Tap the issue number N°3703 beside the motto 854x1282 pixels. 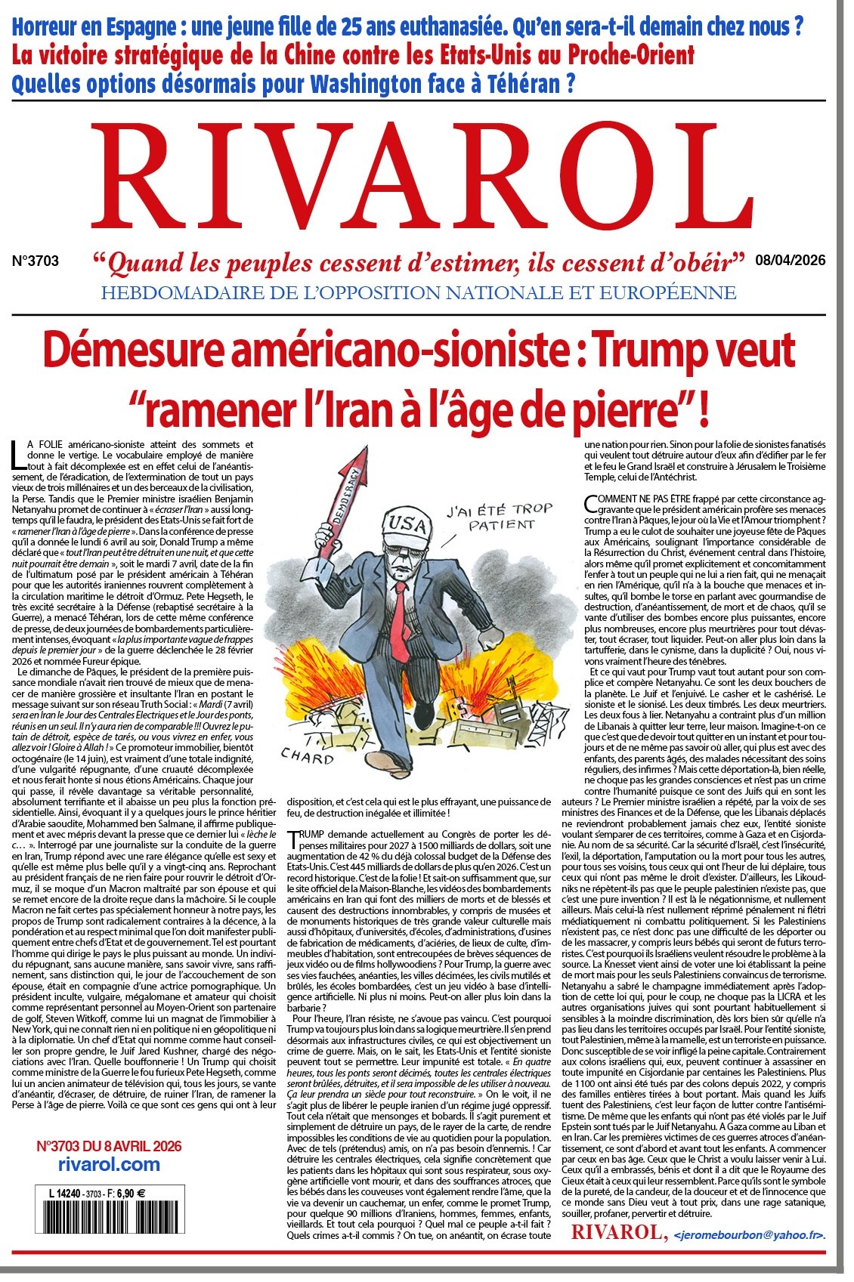point(36,261)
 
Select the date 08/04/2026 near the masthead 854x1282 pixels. point(789,261)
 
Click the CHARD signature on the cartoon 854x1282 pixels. point(307,756)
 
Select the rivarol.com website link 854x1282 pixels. point(109,1164)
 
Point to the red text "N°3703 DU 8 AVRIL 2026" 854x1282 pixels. point(109,1146)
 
